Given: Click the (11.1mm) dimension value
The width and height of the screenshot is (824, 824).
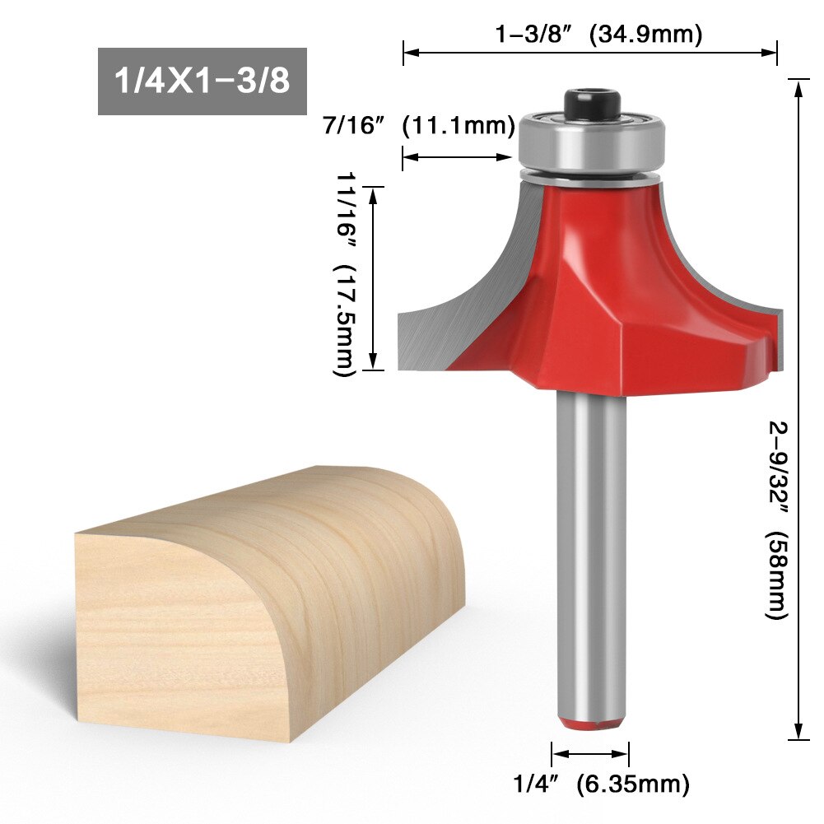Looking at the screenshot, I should coord(458,128).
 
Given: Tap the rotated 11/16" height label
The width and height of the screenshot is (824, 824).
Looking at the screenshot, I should coord(346,212).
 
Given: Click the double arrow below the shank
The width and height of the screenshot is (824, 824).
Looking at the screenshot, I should coord(590,752).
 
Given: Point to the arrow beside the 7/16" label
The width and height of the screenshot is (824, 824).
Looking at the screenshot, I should coord(458,157).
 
